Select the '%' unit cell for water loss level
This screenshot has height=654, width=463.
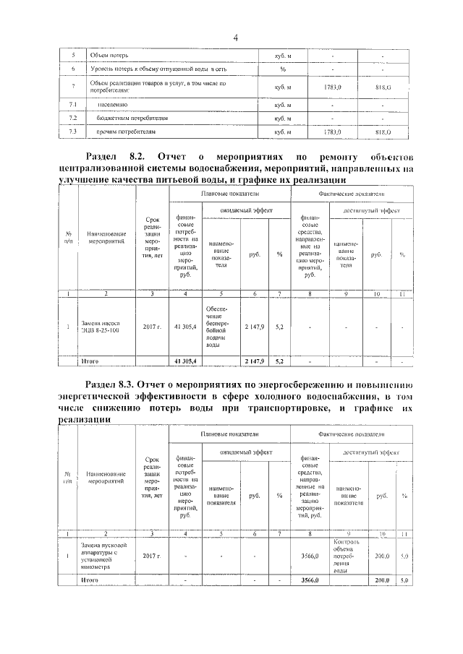click(x=283, y=69)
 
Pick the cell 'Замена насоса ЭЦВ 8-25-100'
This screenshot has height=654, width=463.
click(x=106, y=326)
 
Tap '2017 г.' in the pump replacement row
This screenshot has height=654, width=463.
click(x=151, y=326)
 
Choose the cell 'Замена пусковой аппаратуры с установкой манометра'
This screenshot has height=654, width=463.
click(x=105, y=556)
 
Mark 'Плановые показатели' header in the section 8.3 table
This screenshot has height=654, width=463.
click(x=229, y=432)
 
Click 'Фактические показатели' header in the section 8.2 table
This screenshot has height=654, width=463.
click(x=352, y=194)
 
